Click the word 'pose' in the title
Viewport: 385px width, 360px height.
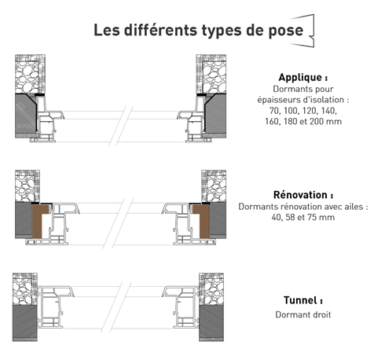tap(286, 31)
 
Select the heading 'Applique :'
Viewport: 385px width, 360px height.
tap(303, 77)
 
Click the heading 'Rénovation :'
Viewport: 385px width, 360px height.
tap(303, 195)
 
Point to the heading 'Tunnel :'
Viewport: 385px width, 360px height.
tap(303, 300)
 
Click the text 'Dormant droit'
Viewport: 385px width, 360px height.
tap(303, 314)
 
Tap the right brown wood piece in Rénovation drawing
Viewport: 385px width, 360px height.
tap(203, 221)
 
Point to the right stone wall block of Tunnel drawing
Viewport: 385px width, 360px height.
tap(211, 289)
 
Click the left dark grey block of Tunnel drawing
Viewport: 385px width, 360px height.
tap(25, 323)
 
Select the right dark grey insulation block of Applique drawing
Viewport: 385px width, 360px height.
tap(215, 116)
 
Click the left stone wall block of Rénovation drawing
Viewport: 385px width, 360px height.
tap(27, 186)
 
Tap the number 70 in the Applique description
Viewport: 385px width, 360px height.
tap(274, 111)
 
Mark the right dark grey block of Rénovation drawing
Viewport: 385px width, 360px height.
tap(218, 220)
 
